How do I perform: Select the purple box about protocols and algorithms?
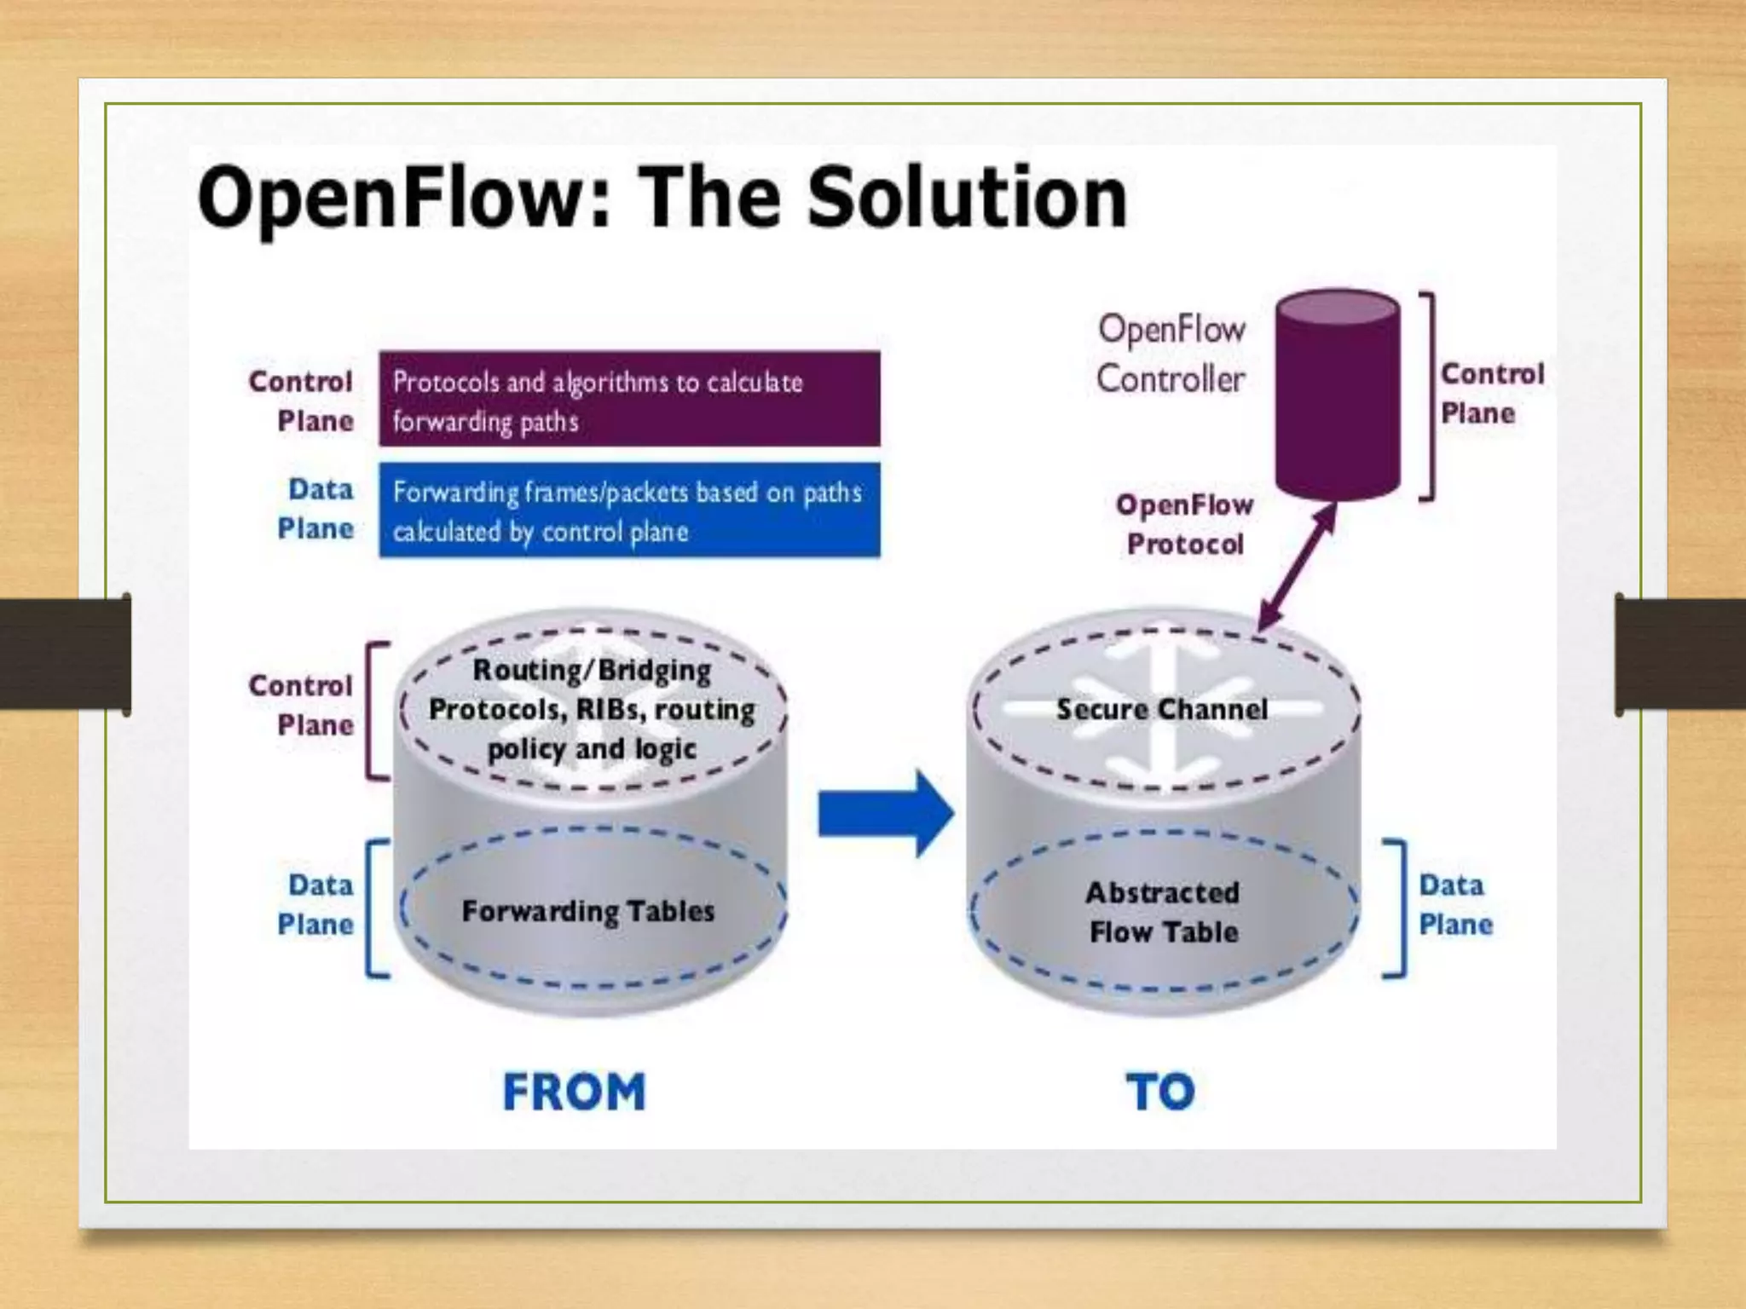[629, 399]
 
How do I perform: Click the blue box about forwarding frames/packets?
[629, 510]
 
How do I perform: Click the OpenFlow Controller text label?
[1171, 354]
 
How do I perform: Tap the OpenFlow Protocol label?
[1184, 524]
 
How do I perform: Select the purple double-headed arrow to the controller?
[1298, 566]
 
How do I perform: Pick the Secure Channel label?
[1162, 709]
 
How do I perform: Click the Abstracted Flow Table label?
[1163, 913]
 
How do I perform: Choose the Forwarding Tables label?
[588, 911]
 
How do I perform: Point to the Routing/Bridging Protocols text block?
[592, 709]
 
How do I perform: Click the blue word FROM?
[574, 1092]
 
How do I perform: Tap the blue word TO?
[1160, 1092]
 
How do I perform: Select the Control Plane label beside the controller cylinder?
[1491, 394]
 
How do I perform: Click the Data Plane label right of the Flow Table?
[1455, 905]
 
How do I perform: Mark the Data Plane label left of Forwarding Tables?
[315, 905]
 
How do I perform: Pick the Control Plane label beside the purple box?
[301, 401]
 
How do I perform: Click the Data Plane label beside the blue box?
[315, 509]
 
